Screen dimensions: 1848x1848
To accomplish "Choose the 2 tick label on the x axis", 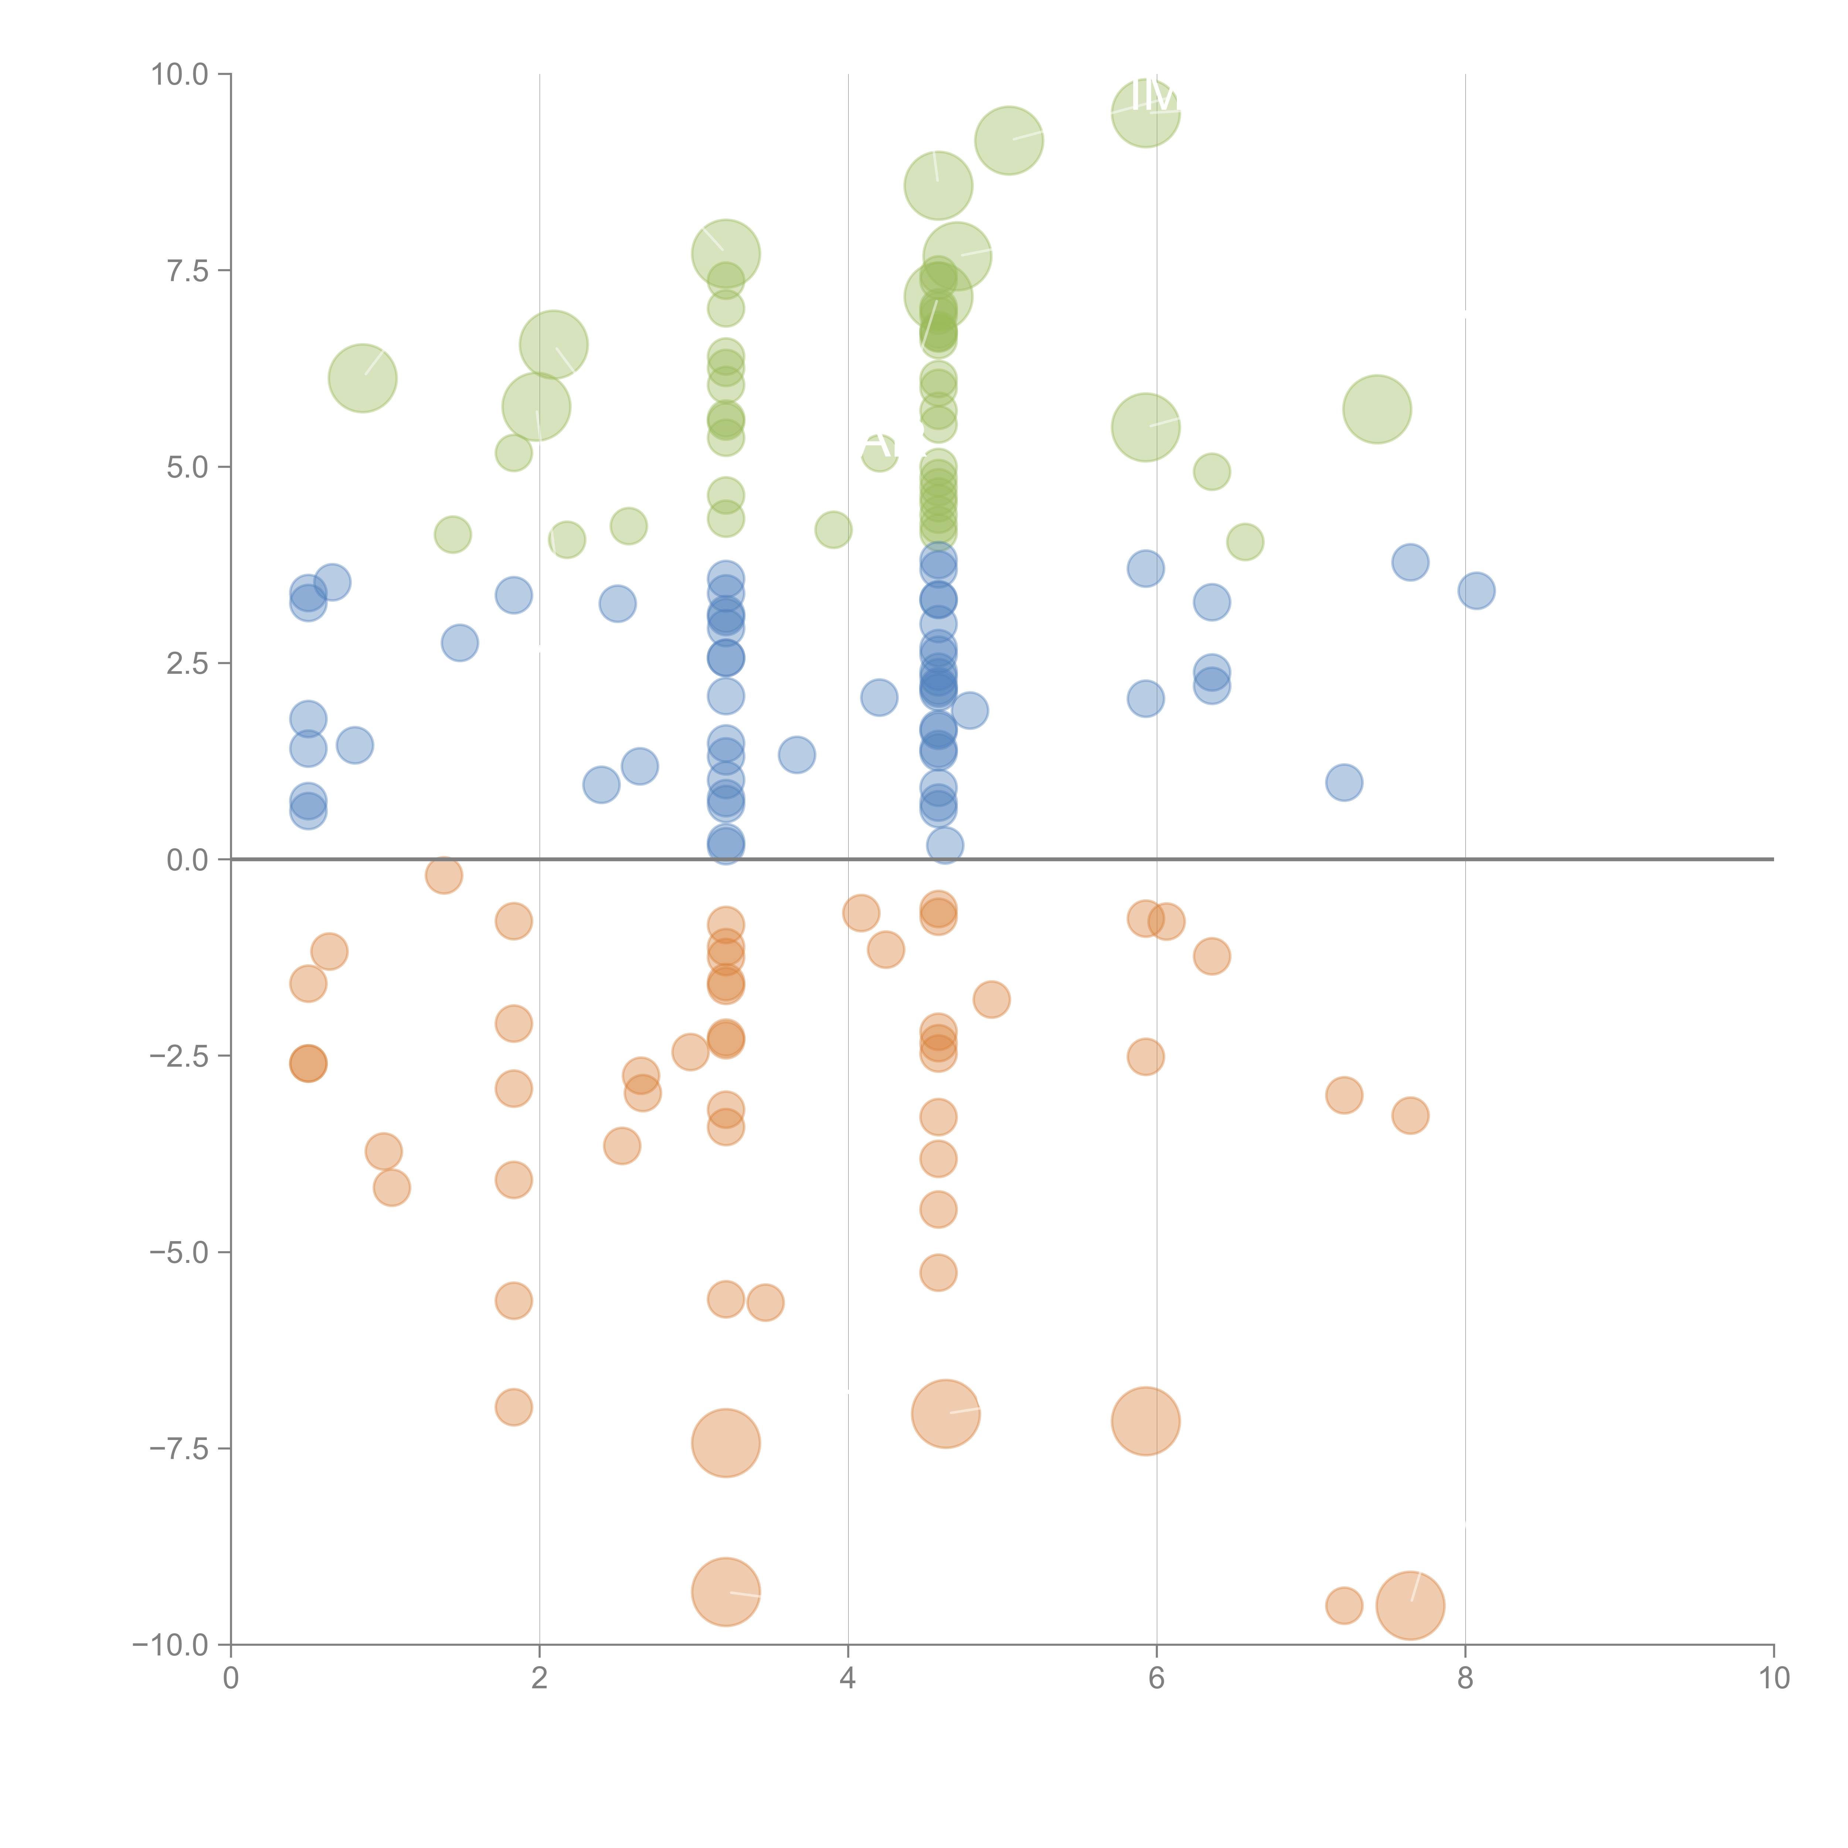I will click(540, 1679).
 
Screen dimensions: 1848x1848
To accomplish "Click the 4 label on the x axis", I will click(847, 1679).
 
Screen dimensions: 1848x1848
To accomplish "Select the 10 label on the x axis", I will click(1773, 1679).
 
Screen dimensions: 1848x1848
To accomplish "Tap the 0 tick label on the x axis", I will click(231, 1679).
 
